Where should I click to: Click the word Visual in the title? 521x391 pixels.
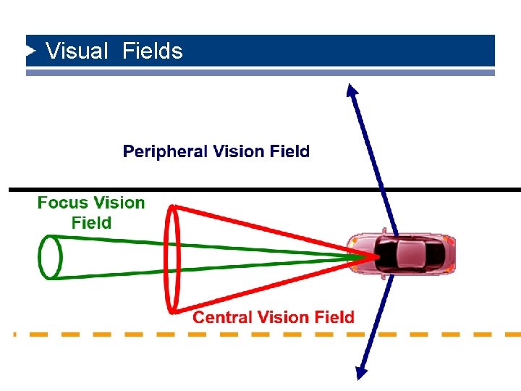(76, 51)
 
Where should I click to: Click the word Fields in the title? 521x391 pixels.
(153, 51)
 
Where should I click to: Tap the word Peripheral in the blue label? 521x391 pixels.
(166, 152)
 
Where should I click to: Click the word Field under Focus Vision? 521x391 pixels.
(91, 223)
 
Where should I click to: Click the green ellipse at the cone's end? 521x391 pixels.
(49, 257)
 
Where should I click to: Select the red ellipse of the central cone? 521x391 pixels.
(172, 259)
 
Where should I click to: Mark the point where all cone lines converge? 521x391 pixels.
(376, 256)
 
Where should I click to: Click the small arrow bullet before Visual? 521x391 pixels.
(30, 51)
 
